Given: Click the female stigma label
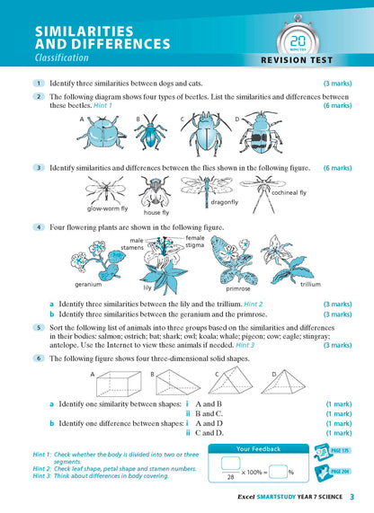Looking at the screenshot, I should (195, 240).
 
